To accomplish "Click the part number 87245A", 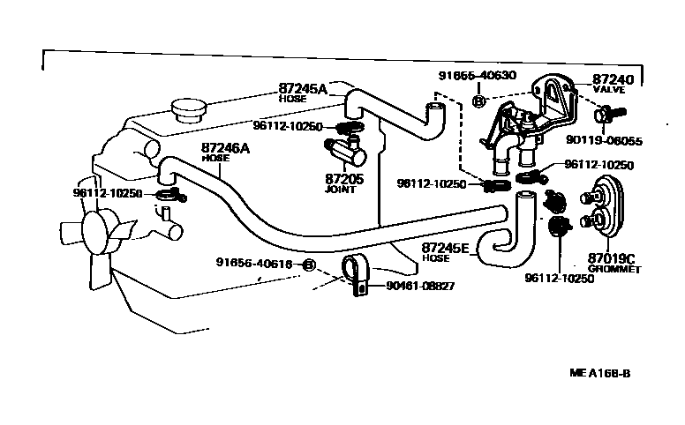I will point(303,89).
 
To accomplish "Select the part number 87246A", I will point(225,148).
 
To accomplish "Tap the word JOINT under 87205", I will point(340,189).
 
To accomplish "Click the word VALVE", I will point(609,90).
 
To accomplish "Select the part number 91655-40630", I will point(477,77).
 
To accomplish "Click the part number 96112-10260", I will point(289,126).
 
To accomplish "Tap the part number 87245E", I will point(447,248).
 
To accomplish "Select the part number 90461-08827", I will point(420,286).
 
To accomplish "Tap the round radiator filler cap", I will point(186,110).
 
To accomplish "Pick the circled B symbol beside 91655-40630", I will point(478,102).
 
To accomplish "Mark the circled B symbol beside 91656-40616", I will point(309,264).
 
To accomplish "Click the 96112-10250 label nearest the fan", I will point(108,192).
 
